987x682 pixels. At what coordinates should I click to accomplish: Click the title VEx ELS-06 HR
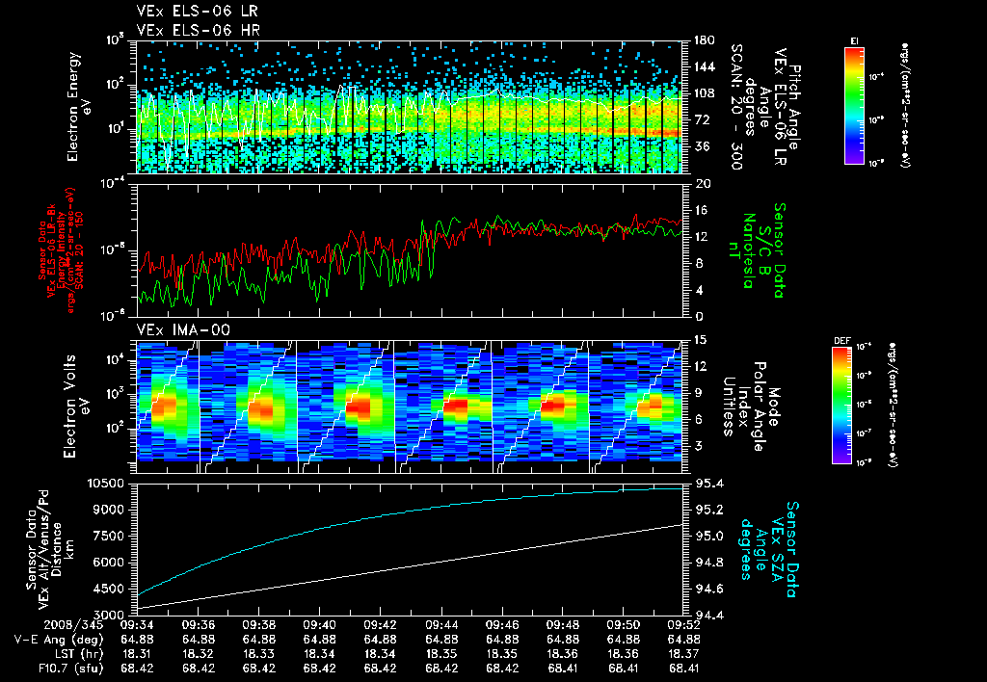click(x=188, y=30)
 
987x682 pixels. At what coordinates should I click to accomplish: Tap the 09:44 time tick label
click(x=441, y=623)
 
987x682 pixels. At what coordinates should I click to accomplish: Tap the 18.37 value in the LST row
click(x=684, y=652)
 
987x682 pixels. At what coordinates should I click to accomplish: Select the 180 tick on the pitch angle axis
click(x=704, y=40)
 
